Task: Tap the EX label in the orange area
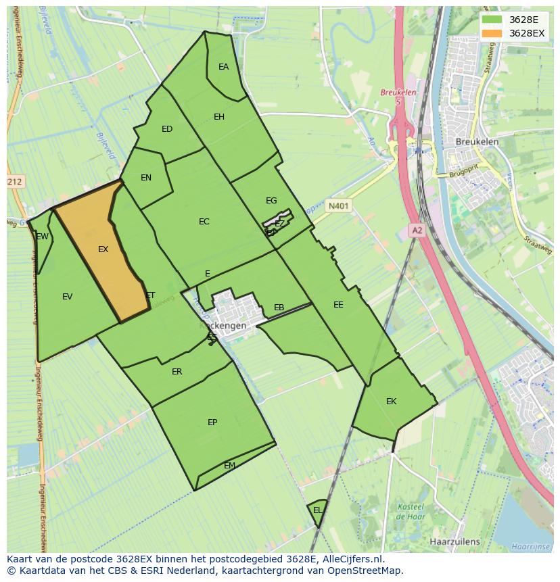pyautogui.click(x=103, y=249)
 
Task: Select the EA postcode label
pyautogui.click(x=223, y=67)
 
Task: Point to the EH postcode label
pyautogui.click(x=219, y=117)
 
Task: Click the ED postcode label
pyautogui.click(x=167, y=129)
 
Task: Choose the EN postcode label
pyautogui.click(x=146, y=178)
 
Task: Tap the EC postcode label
pyautogui.click(x=204, y=222)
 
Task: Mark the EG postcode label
pyautogui.click(x=271, y=201)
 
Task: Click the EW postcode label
pyautogui.click(x=43, y=237)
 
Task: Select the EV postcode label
pyautogui.click(x=67, y=296)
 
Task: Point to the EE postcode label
pyautogui.click(x=338, y=305)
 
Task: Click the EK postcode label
pyautogui.click(x=391, y=402)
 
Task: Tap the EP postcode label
pyautogui.click(x=212, y=422)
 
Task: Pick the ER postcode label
pyautogui.click(x=177, y=372)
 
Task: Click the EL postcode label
pyautogui.click(x=317, y=510)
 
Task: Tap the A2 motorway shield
pyautogui.click(x=417, y=231)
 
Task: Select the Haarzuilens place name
pyautogui.click(x=454, y=541)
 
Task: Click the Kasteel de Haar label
pyautogui.click(x=410, y=511)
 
